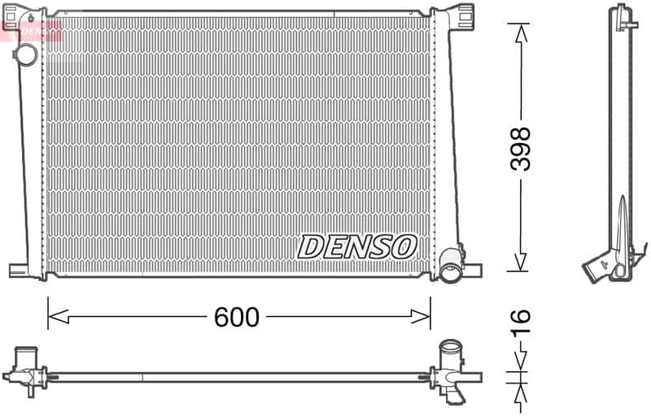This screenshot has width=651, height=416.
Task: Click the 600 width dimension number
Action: pyautogui.click(x=236, y=317)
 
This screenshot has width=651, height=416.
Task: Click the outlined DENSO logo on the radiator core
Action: pyautogui.click(x=357, y=246)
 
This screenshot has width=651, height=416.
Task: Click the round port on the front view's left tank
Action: pyautogui.click(x=26, y=55)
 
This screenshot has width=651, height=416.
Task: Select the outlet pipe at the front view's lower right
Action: pyautogui.click(x=450, y=268)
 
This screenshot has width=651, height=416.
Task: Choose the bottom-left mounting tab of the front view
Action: pyautogui.click(x=20, y=270)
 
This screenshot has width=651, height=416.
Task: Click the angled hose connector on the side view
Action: pyautogui.click(x=601, y=266)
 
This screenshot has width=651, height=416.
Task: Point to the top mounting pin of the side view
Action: pyautogui.click(x=623, y=15)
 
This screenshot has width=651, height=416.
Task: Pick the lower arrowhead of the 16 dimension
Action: pyautogui.click(x=518, y=392)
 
